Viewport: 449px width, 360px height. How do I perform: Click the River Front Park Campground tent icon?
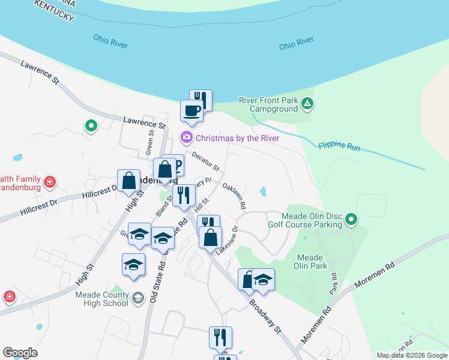[307, 103]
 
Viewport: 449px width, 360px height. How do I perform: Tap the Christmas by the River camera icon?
[187, 138]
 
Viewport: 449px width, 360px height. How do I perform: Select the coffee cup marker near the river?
[192, 112]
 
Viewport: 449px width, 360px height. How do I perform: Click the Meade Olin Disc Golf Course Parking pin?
[352, 220]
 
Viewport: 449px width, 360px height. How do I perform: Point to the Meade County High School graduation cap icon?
[138, 298]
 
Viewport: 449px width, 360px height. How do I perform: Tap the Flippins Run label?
[339, 146]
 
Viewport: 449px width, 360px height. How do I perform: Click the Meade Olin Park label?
[310, 261]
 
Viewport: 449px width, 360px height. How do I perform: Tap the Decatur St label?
[206, 160]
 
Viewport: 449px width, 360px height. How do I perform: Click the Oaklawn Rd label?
[234, 196]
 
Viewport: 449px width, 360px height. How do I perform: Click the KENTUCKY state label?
[55, 10]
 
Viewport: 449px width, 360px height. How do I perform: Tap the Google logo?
[20, 353]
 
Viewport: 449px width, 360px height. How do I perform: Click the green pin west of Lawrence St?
[91, 126]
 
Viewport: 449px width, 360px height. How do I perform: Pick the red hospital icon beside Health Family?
[50, 181]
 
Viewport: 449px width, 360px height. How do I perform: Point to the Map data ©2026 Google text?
[412, 355]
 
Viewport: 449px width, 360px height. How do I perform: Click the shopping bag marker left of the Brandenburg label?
[129, 180]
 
